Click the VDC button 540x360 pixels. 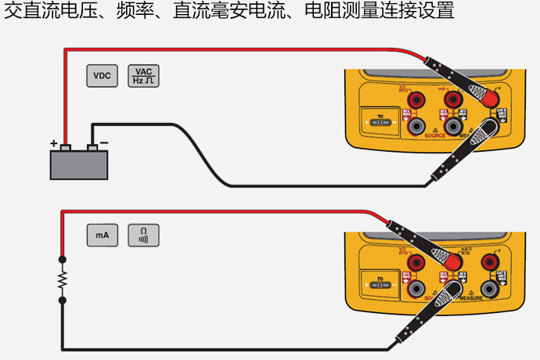(102, 76)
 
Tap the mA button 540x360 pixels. (102, 235)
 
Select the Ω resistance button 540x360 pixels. (142, 235)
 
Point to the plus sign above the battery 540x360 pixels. (54, 144)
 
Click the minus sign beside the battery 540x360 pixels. (104, 143)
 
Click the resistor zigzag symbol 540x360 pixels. (63, 279)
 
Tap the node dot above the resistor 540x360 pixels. (63, 259)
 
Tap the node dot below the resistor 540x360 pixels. (63, 299)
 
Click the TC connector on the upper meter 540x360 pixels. (380, 124)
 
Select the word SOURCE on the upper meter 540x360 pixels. (435, 135)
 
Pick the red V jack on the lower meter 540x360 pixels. (491, 261)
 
